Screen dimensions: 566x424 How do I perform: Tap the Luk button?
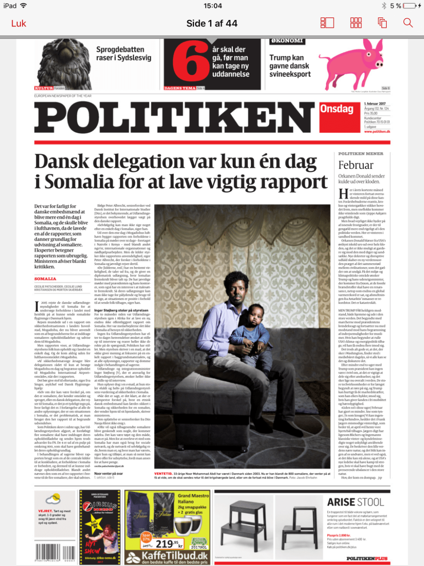click(x=19, y=23)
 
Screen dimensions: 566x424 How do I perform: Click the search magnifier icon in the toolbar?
click(x=408, y=23)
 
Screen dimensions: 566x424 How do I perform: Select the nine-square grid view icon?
click(x=356, y=23)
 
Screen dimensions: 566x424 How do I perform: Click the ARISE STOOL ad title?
click(x=355, y=501)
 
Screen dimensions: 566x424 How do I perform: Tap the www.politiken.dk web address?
click(x=377, y=131)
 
